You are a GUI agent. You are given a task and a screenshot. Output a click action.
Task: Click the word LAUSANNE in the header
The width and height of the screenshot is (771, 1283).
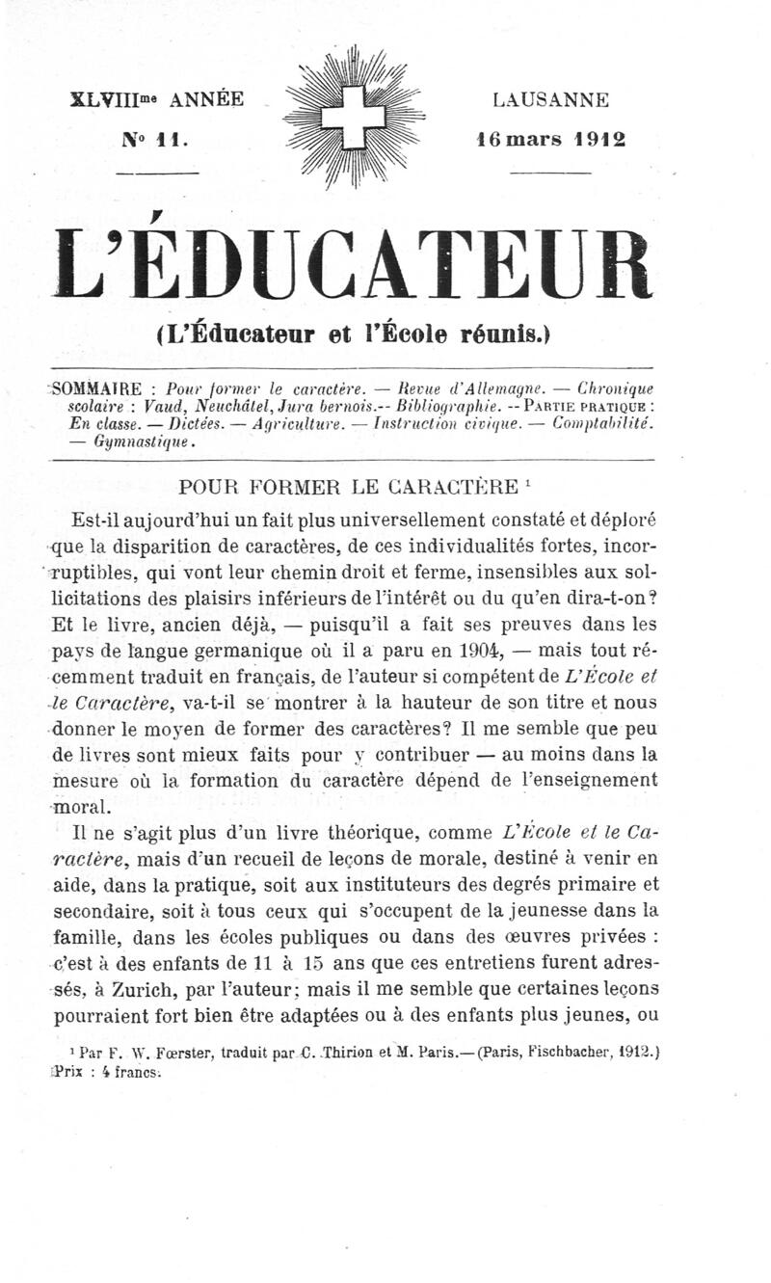pyautogui.click(x=550, y=99)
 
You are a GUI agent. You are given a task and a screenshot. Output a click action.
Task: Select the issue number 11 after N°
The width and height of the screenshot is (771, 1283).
pyautogui.click(x=170, y=139)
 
